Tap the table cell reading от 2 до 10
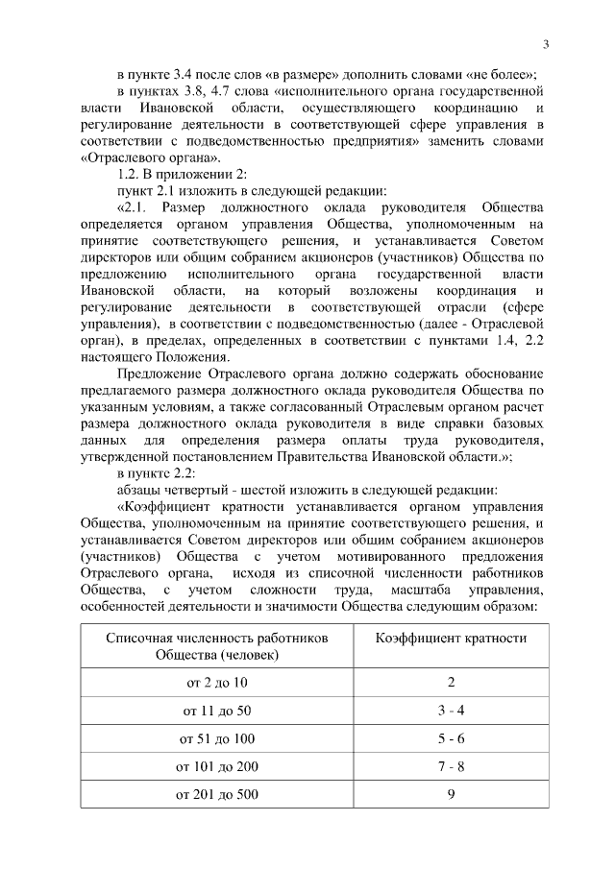[x=216, y=682]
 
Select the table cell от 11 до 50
[x=216, y=711]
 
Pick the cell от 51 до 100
[x=216, y=738]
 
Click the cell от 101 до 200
[x=216, y=767]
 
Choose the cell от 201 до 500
[x=216, y=795]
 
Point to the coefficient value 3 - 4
[x=451, y=711]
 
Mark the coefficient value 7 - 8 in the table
[x=451, y=767]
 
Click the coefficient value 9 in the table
[x=451, y=795]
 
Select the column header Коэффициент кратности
[x=451, y=639]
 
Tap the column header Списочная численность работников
[x=216, y=639]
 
